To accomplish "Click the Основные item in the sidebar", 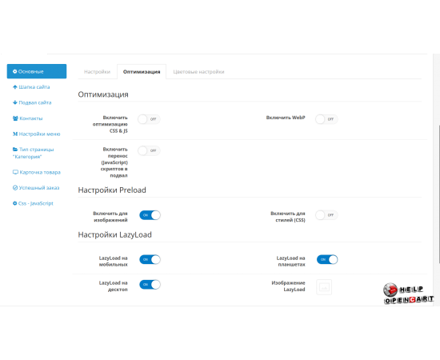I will tap(37, 71).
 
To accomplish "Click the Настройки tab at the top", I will tap(97, 71).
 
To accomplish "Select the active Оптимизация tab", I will tap(141, 71).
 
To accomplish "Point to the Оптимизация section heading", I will tap(104, 94).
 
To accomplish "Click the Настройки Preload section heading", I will tap(112, 190).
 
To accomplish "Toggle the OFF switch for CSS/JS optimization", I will tap(149, 118).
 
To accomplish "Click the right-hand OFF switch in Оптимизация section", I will tap(326, 118).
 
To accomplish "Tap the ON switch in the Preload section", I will tap(150, 215).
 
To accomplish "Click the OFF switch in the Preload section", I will tap(326, 215).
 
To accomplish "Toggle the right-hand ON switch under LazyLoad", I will tap(327, 259).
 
